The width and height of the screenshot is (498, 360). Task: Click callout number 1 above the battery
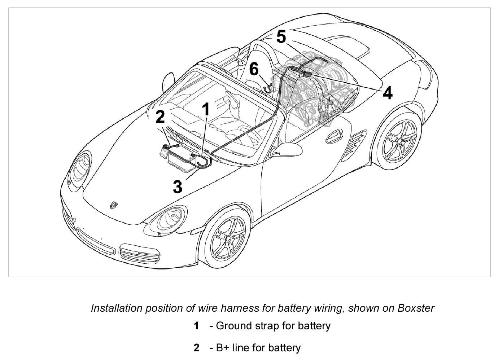pos(206,109)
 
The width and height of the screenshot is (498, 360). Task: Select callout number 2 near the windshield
pos(160,118)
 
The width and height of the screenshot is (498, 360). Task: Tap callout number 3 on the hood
pos(178,187)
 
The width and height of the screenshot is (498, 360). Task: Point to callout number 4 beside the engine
pos(387,93)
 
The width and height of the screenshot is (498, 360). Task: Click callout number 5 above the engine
pos(281,36)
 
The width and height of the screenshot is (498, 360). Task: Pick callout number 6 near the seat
pos(254,69)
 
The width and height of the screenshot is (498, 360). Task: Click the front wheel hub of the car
pos(228,238)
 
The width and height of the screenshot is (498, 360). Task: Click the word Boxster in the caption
pos(416,308)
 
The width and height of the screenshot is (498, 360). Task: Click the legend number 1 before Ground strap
pos(196,326)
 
